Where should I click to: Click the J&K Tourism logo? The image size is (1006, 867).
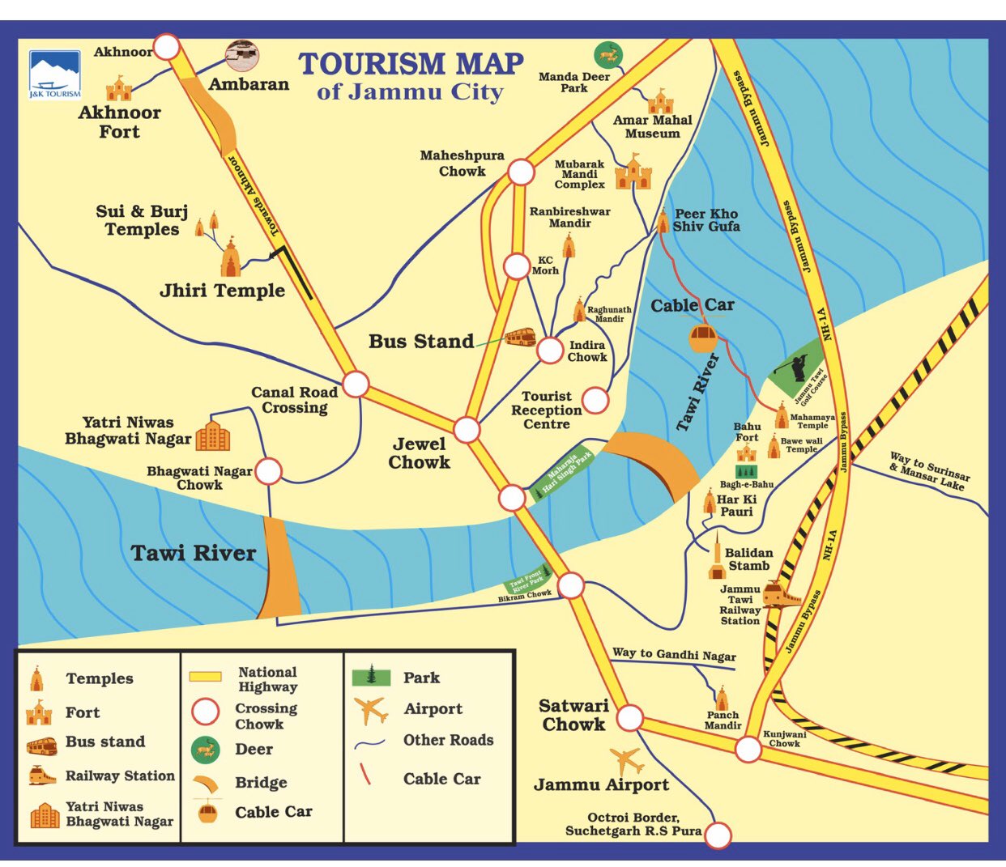(55, 74)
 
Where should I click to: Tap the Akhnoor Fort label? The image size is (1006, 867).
(119, 122)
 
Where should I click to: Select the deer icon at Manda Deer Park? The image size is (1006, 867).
(608, 55)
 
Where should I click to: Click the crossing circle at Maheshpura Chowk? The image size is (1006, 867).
(521, 172)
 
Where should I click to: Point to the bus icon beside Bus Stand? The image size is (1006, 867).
(520, 337)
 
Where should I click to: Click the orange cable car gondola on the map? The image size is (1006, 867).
(702, 337)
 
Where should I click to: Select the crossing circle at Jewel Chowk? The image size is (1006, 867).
(467, 430)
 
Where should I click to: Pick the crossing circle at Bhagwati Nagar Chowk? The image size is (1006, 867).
(268, 471)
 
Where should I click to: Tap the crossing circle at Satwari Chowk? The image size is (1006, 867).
(629, 717)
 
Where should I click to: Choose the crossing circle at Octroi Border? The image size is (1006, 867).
(718, 834)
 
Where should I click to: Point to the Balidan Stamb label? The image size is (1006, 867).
(748, 559)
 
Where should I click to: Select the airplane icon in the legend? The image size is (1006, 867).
(371, 710)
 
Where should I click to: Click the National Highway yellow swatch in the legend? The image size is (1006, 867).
(205, 676)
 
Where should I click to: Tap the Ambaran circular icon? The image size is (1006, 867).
(242, 56)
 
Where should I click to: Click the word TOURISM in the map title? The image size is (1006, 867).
(372, 64)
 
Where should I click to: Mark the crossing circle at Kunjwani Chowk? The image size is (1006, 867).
(748, 750)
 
